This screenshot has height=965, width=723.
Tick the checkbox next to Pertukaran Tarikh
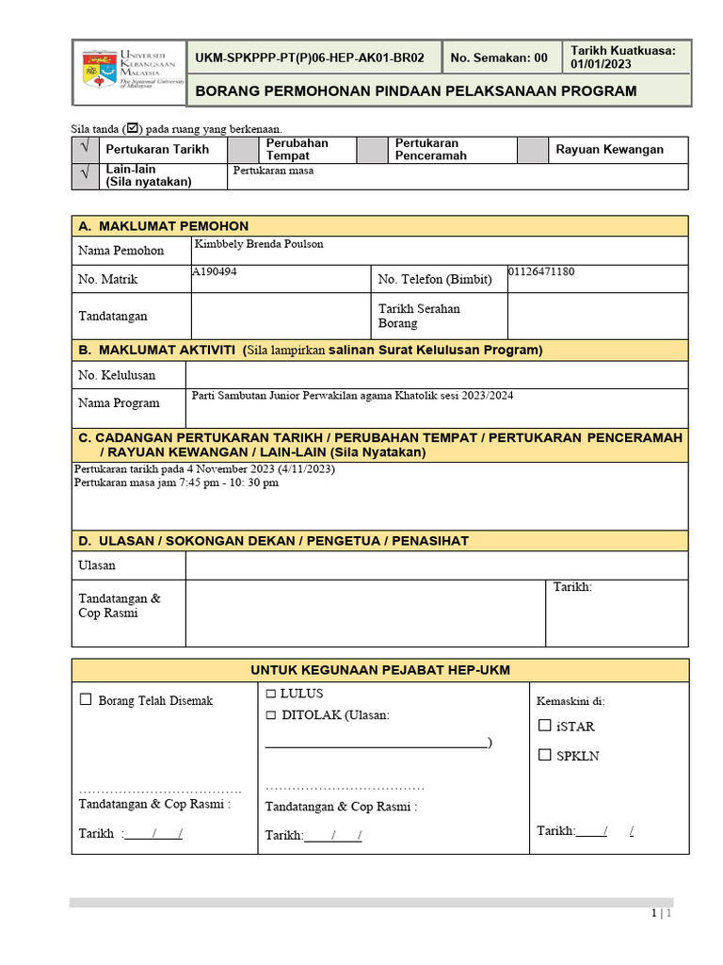86,149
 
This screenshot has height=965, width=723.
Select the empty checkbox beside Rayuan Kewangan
533,149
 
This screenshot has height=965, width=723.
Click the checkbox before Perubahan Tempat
243,149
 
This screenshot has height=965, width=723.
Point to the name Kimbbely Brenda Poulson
258,244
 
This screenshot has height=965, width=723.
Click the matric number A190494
215,271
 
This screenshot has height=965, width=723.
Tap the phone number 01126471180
541,271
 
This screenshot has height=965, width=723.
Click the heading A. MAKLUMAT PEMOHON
164,226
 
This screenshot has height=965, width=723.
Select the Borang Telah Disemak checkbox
86,699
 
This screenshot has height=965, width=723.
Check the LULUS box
271,695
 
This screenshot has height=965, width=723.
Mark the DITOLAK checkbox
271,715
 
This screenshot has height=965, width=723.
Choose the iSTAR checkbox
544,726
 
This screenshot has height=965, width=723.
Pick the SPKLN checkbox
544,755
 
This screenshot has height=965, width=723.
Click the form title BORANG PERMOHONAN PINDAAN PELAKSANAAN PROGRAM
414,91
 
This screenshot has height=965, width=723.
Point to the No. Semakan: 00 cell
499,57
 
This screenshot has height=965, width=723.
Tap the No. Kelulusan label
117,375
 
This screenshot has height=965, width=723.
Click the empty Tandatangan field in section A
281,316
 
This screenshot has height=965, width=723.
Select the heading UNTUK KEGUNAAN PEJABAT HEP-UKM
379,670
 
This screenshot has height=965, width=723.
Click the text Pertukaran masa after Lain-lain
273,171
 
